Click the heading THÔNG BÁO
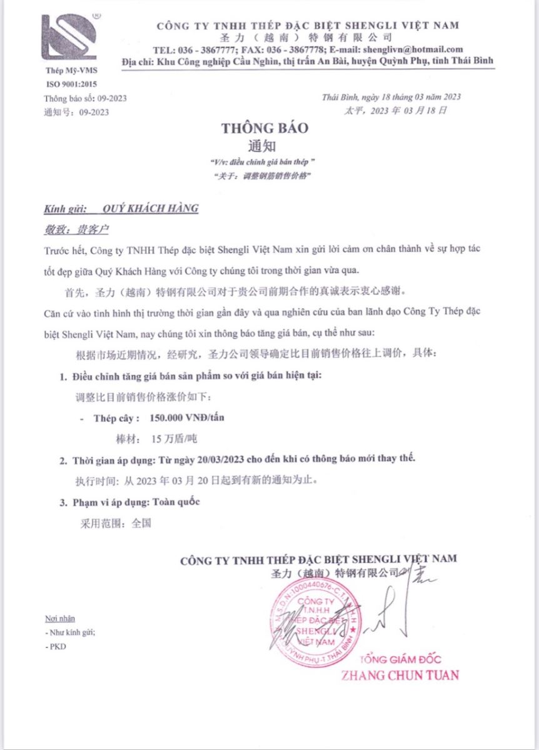pos(264,128)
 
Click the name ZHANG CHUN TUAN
pos(400,675)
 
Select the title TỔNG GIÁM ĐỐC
pos(401,659)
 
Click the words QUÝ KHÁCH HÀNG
pos(150,209)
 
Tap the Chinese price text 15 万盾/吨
pos(169,439)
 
